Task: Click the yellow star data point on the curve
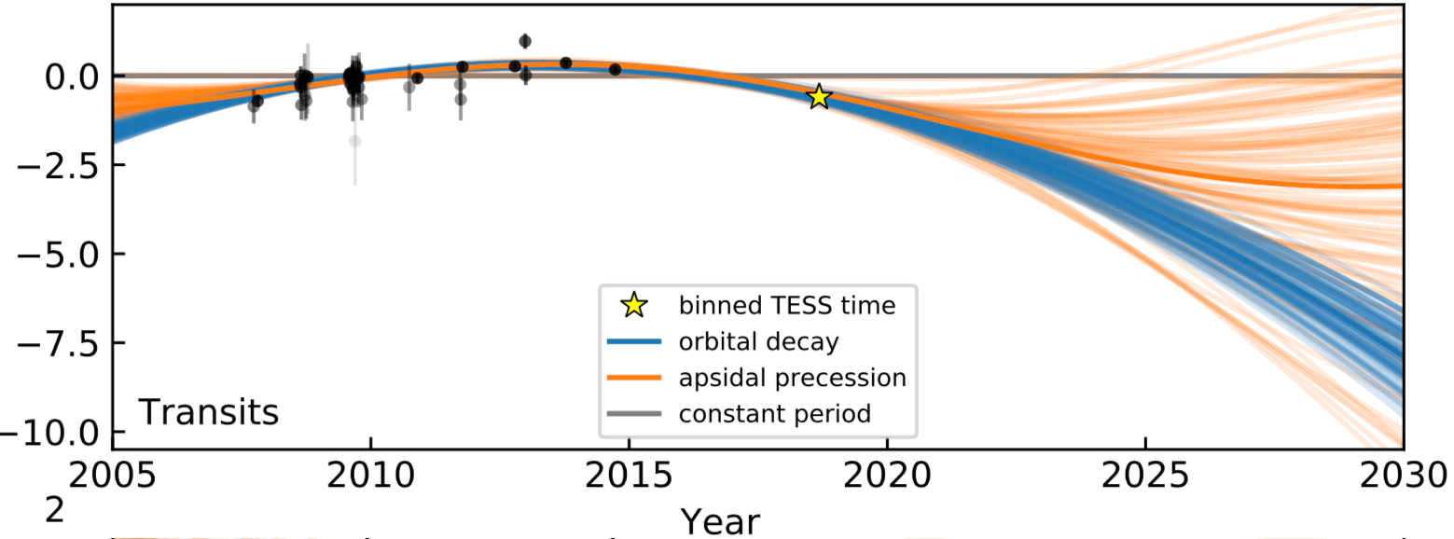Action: (x=818, y=96)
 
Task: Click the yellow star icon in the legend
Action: (x=633, y=306)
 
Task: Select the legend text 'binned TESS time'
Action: (x=786, y=306)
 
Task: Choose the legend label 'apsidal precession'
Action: (x=792, y=377)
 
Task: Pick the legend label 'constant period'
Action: (x=774, y=413)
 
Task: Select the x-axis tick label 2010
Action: (x=371, y=478)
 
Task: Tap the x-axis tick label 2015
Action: (x=629, y=478)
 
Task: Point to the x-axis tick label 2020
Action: (x=887, y=478)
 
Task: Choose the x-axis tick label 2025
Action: (x=1144, y=478)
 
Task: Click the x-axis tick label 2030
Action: (x=1402, y=478)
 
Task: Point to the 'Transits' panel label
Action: (x=209, y=411)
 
